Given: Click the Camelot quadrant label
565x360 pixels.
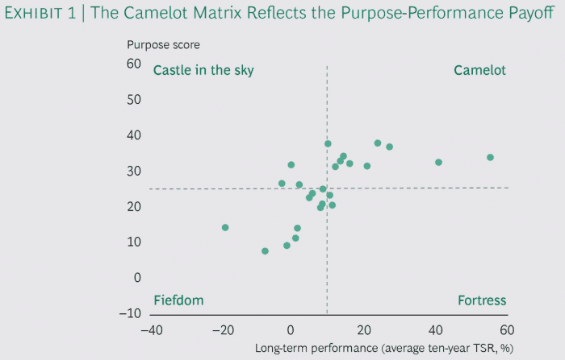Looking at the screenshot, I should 479,70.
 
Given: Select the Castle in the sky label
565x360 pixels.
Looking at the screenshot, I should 203,70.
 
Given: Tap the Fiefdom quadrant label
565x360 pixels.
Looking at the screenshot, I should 178,300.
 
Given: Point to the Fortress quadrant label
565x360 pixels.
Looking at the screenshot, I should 482,300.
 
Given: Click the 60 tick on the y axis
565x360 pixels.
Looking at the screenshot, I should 134,64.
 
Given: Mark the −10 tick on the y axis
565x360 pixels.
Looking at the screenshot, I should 129,313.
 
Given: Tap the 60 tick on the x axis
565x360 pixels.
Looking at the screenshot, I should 507,329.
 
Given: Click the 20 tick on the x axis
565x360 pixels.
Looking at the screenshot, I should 364,329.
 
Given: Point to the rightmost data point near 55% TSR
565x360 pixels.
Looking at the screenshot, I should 490,157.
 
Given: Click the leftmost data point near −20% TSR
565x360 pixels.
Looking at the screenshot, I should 225,227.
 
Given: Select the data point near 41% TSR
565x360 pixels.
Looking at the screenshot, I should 438,162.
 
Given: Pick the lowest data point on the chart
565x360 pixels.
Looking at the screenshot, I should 265,251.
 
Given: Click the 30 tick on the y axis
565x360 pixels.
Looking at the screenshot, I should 134,171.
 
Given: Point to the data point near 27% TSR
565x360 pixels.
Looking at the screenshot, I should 389,147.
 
